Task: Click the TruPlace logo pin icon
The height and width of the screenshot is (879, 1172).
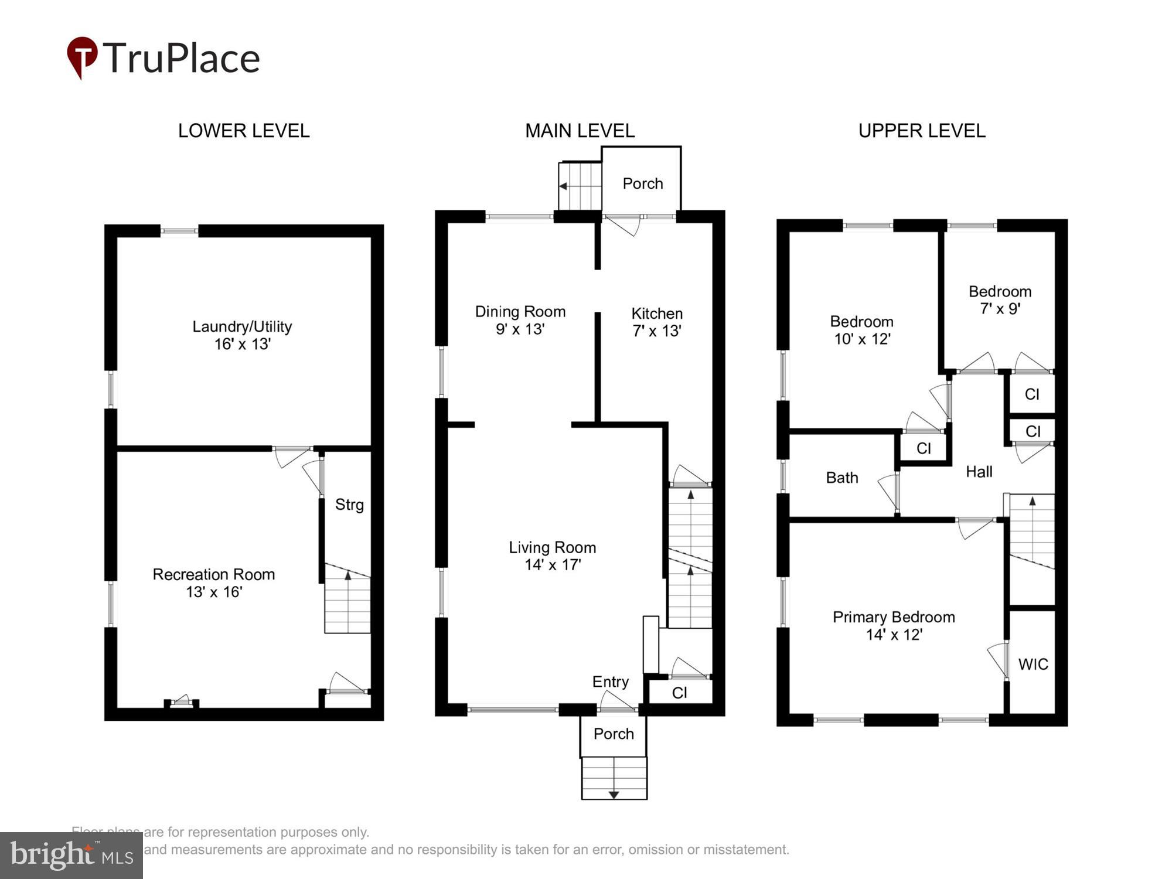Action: click(82, 56)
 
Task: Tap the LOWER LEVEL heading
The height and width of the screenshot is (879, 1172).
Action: click(244, 131)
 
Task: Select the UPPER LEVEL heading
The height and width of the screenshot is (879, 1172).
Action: click(922, 131)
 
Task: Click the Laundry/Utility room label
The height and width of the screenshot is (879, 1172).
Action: click(242, 326)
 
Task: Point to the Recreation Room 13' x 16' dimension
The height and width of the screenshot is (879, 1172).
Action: click(214, 592)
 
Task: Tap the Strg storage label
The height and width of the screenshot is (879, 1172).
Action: click(349, 505)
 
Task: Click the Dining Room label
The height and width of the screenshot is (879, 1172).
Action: click(520, 312)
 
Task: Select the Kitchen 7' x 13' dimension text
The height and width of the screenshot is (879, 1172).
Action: click(656, 331)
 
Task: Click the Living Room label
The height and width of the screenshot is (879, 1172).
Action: click(552, 547)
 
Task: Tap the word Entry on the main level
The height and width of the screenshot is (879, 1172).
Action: click(610, 682)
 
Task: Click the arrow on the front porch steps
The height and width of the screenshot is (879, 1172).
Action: click(614, 794)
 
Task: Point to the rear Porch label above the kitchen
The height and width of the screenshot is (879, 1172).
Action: click(642, 183)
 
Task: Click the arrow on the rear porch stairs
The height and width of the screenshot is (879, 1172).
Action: click(564, 186)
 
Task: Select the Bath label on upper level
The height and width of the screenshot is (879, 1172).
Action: click(842, 478)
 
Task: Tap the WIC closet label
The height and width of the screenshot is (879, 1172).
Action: click(1033, 664)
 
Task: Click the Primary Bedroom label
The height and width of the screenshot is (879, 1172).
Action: click(894, 617)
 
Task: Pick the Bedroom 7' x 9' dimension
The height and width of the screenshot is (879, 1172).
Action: click(1000, 309)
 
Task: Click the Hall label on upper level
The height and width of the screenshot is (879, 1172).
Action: click(979, 472)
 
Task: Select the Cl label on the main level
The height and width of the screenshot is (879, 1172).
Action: click(679, 693)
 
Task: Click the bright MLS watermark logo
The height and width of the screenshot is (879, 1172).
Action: click(71, 856)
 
